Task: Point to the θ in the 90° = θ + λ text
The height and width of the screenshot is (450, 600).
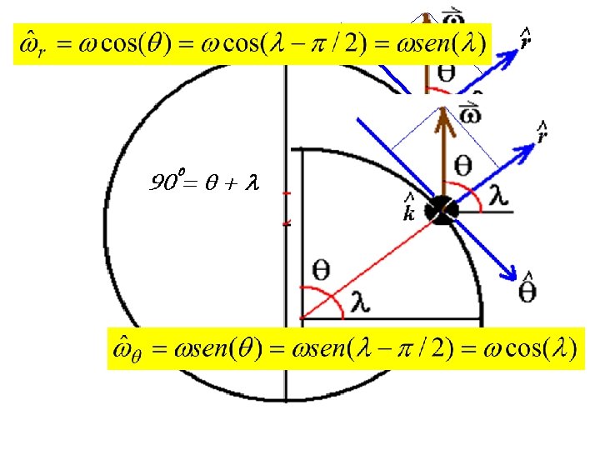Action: pos(213,182)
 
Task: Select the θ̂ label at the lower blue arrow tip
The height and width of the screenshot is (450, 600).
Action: pos(527,288)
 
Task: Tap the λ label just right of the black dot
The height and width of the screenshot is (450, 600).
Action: pos(497,192)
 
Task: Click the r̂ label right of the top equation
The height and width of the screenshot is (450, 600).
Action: pos(526,37)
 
